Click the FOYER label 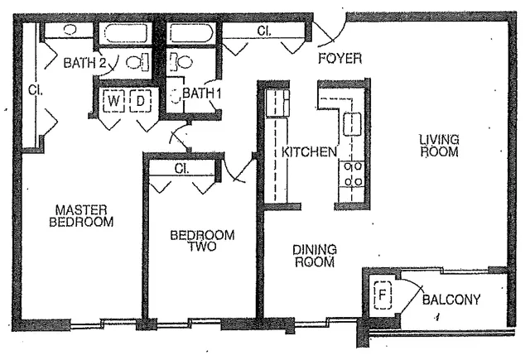[340, 59]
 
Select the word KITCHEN [309, 152]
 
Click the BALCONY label [451, 300]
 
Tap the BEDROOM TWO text [201, 241]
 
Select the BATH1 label [203, 93]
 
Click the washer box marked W [113, 101]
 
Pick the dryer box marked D [141, 101]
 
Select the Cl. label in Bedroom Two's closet [183, 168]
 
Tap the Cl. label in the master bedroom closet [33, 89]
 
